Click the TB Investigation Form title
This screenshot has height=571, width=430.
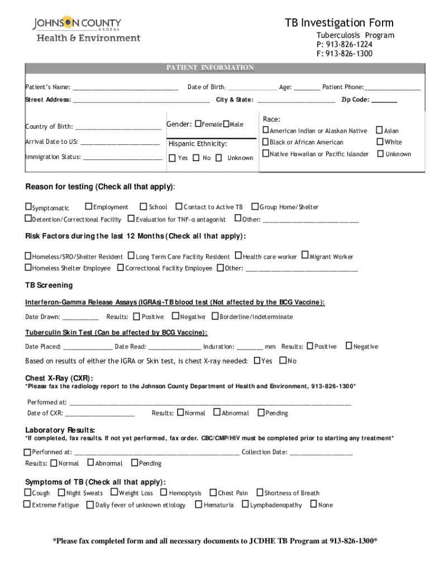click(x=339, y=23)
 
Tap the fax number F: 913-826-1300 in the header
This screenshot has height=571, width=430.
click(x=344, y=54)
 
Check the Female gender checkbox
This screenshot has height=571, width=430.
click(x=198, y=124)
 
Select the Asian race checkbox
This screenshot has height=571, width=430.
click(x=380, y=130)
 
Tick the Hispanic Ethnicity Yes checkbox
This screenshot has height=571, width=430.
click(x=172, y=158)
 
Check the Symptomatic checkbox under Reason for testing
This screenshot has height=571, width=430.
click(x=28, y=207)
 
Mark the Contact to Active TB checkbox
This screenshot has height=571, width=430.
click(x=179, y=206)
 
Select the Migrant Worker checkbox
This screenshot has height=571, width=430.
click(x=305, y=256)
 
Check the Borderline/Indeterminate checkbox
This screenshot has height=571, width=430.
click(x=215, y=316)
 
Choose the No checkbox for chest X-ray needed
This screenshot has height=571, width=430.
click(x=283, y=360)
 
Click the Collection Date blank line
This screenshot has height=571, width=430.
click(x=321, y=453)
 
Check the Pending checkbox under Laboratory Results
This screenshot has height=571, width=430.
click(x=135, y=463)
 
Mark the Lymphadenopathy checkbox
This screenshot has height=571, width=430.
click(x=245, y=504)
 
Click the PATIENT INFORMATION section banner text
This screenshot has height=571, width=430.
click(x=210, y=67)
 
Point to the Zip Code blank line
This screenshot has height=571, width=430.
click(x=384, y=100)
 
